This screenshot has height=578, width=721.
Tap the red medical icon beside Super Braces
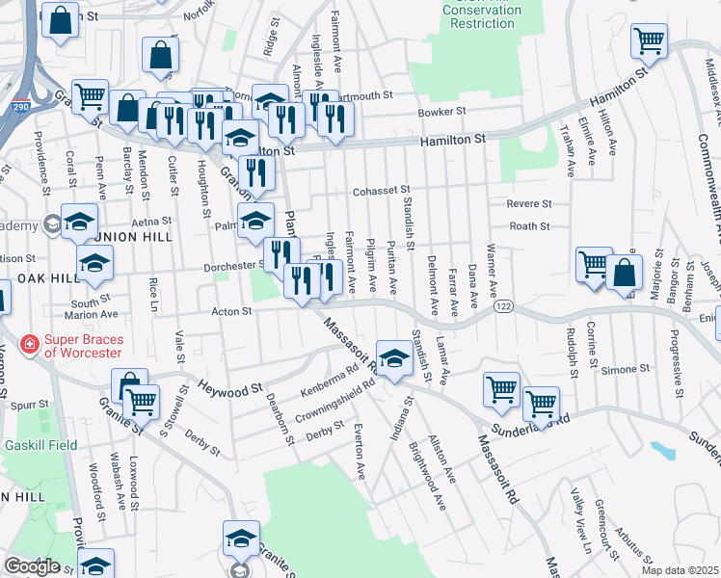[x=29, y=344]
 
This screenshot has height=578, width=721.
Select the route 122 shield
[x=504, y=305]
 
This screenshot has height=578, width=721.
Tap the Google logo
[x=32, y=566]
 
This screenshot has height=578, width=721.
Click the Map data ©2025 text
[x=680, y=570]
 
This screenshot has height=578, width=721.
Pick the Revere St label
[x=529, y=204]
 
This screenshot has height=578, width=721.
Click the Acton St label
[x=231, y=311]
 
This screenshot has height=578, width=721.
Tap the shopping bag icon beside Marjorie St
[x=624, y=274]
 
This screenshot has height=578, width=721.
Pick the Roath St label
[x=529, y=226]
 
